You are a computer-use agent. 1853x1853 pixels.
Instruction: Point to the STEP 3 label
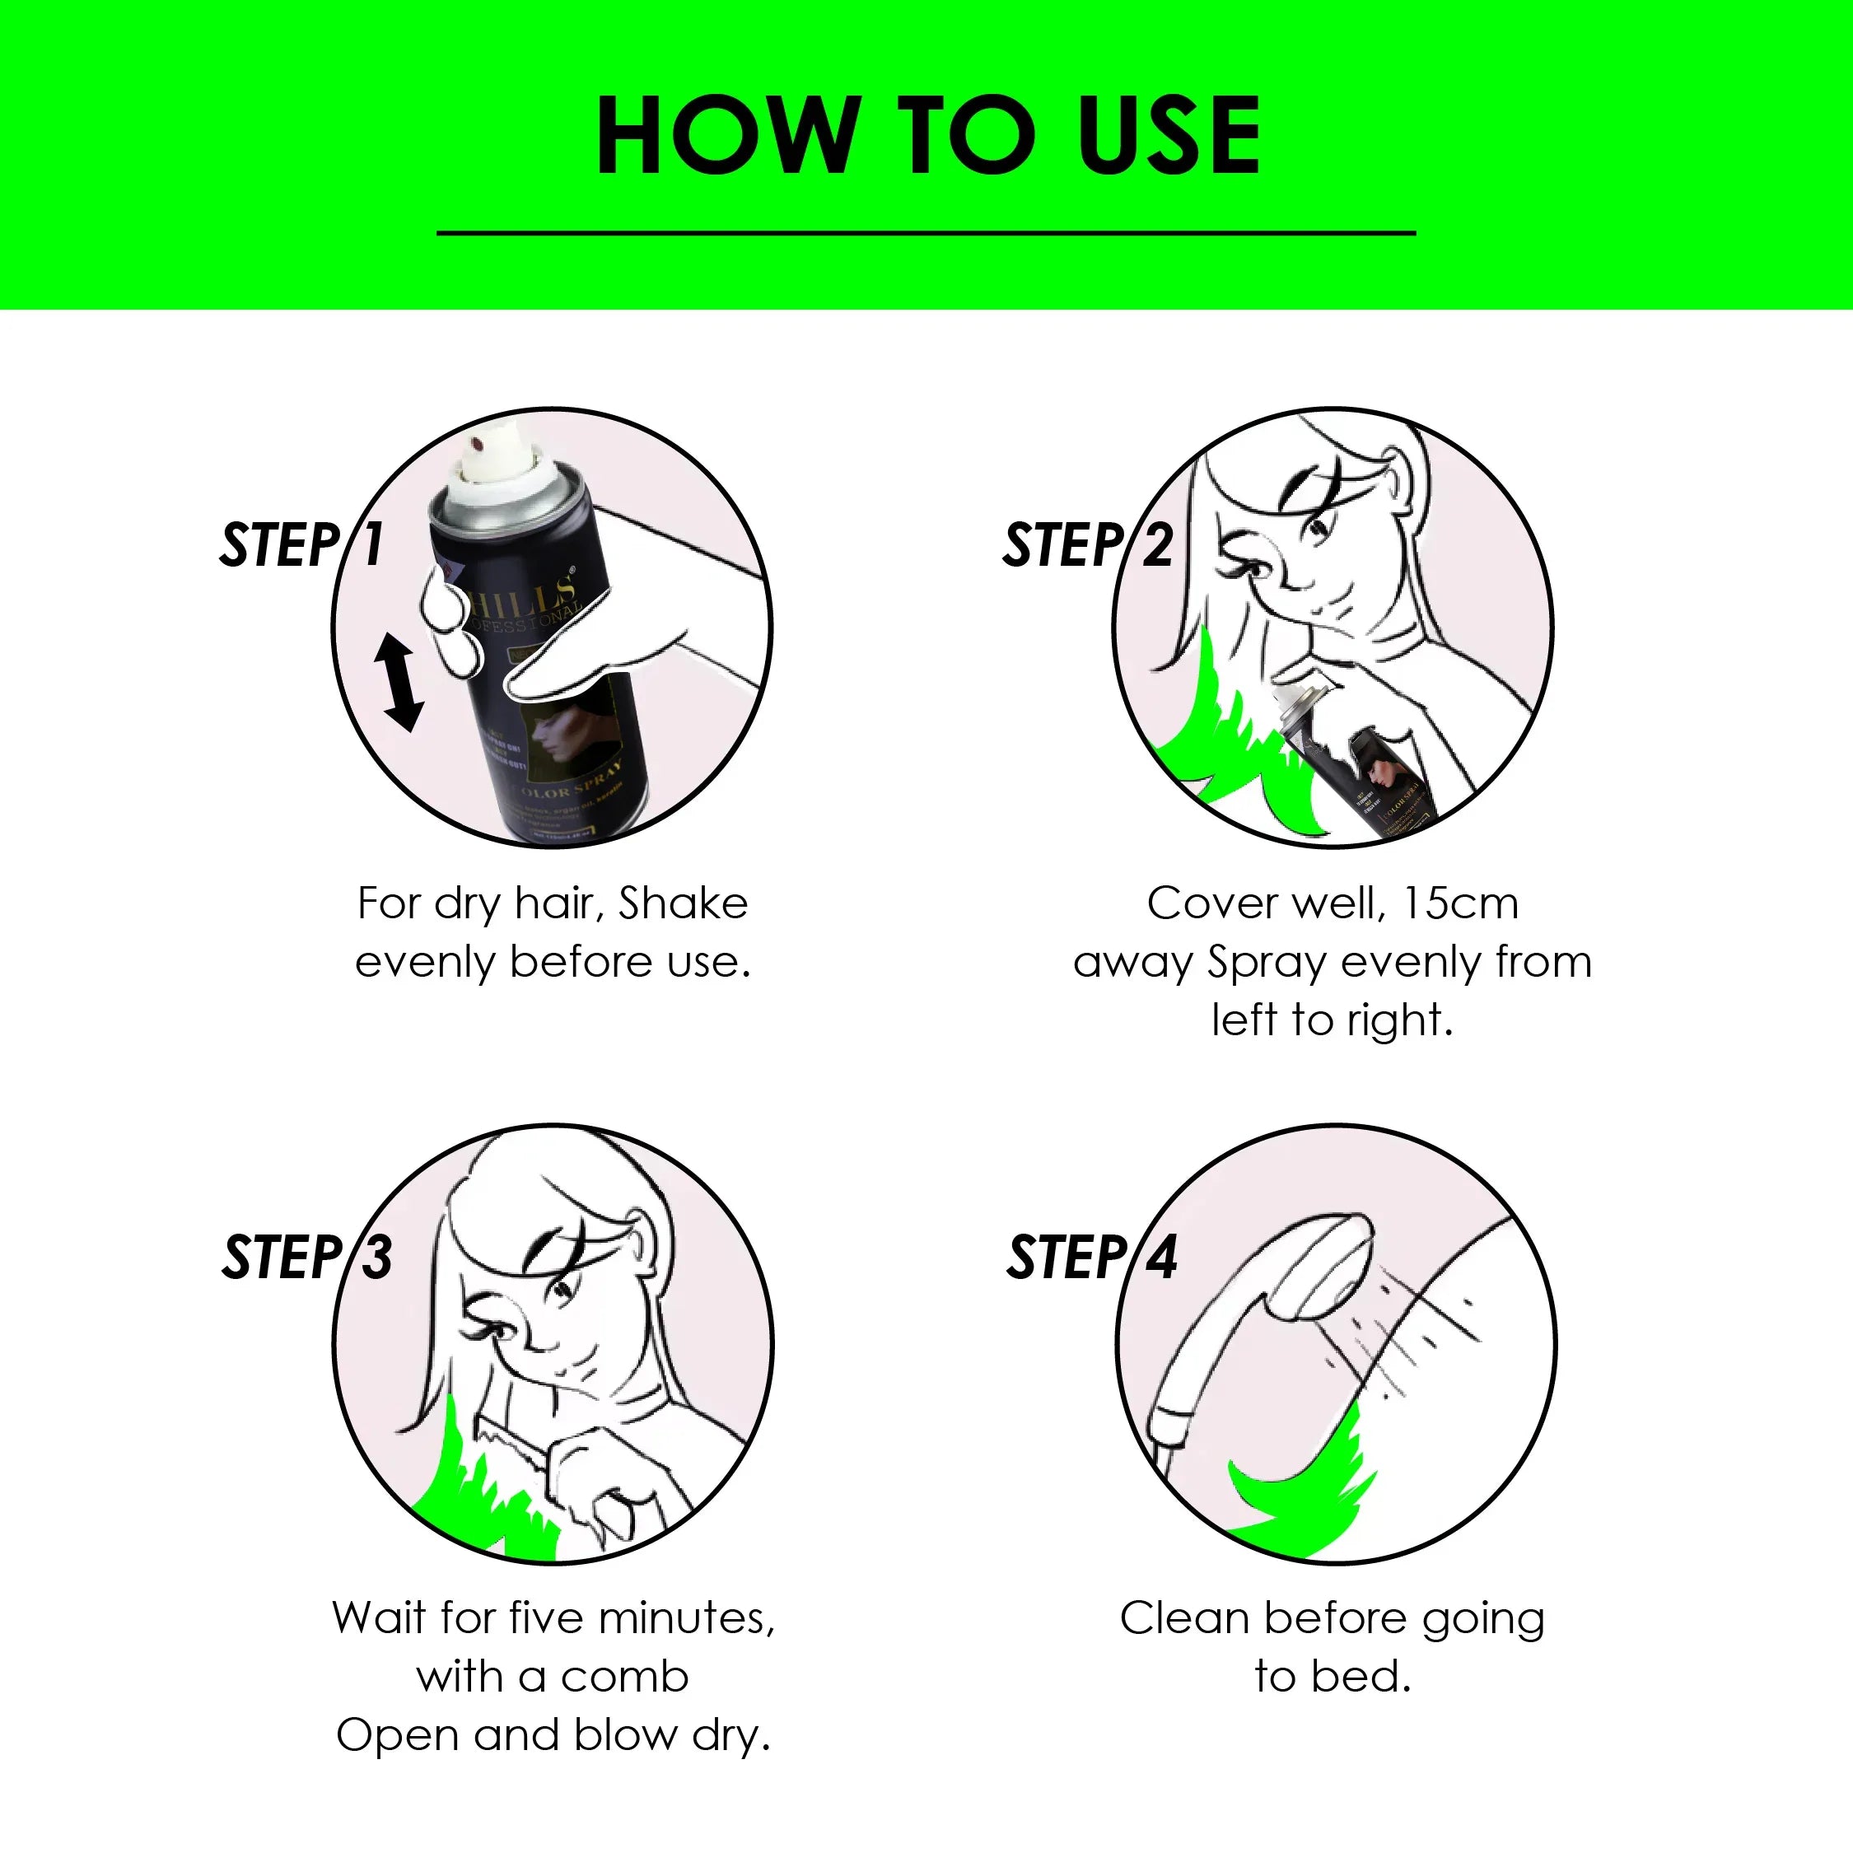[x=307, y=1258]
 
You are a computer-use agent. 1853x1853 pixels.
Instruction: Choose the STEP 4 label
[x=1091, y=1258]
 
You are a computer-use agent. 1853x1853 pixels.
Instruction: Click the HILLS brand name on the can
[x=523, y=593]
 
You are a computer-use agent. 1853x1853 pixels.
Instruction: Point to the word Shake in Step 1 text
[x=683, y=903]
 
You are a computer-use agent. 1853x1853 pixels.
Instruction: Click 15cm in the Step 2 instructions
[x=1460, y=903]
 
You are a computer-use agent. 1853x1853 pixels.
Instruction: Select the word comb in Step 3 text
[x=624, y=1678]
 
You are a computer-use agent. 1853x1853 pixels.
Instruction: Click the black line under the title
[x=926, y=232]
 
